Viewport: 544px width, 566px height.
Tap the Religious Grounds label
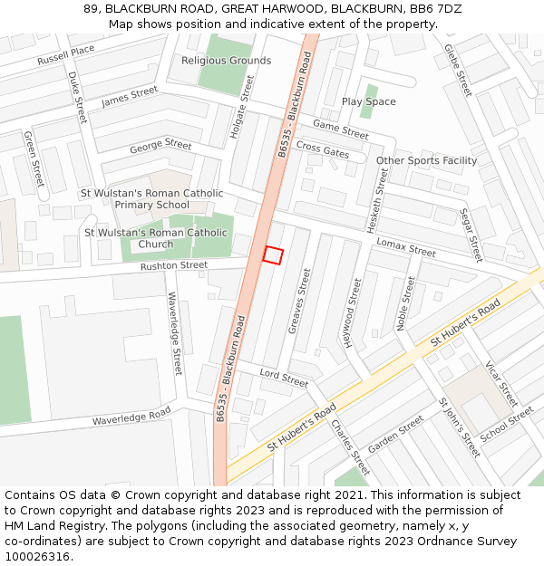[x=226, y=61]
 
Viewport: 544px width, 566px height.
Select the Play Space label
[x=368, y=101]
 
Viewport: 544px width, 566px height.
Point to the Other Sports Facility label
[x=426, y=161]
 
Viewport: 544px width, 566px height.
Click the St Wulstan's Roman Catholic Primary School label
[x=151, y=199]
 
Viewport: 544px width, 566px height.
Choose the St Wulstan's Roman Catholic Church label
[x=156, y=238]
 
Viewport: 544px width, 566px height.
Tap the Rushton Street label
[x=174, y=266]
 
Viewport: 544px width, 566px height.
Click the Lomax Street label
[x=406, y=247]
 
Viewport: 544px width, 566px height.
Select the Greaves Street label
[x=300, y=302]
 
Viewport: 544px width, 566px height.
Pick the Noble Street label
[x=404, y=304]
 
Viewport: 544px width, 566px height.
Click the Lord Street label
[x=284, y=379]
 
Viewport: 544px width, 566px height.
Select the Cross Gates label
[x=323, y=150]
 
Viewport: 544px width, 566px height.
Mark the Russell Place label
[x=65, y=55]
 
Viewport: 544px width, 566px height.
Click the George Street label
[x=160, y=146]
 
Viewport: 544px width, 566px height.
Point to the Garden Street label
[x=395, y=434]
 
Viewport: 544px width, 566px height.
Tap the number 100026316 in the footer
[x=38, y=557]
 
